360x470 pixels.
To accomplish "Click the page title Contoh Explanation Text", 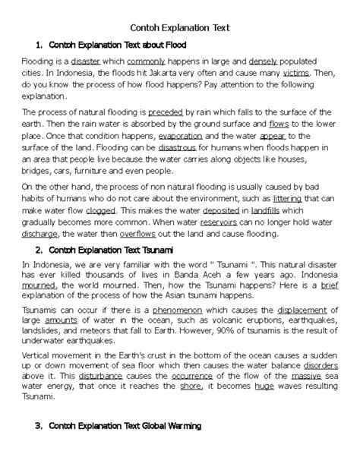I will click(180, 27).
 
